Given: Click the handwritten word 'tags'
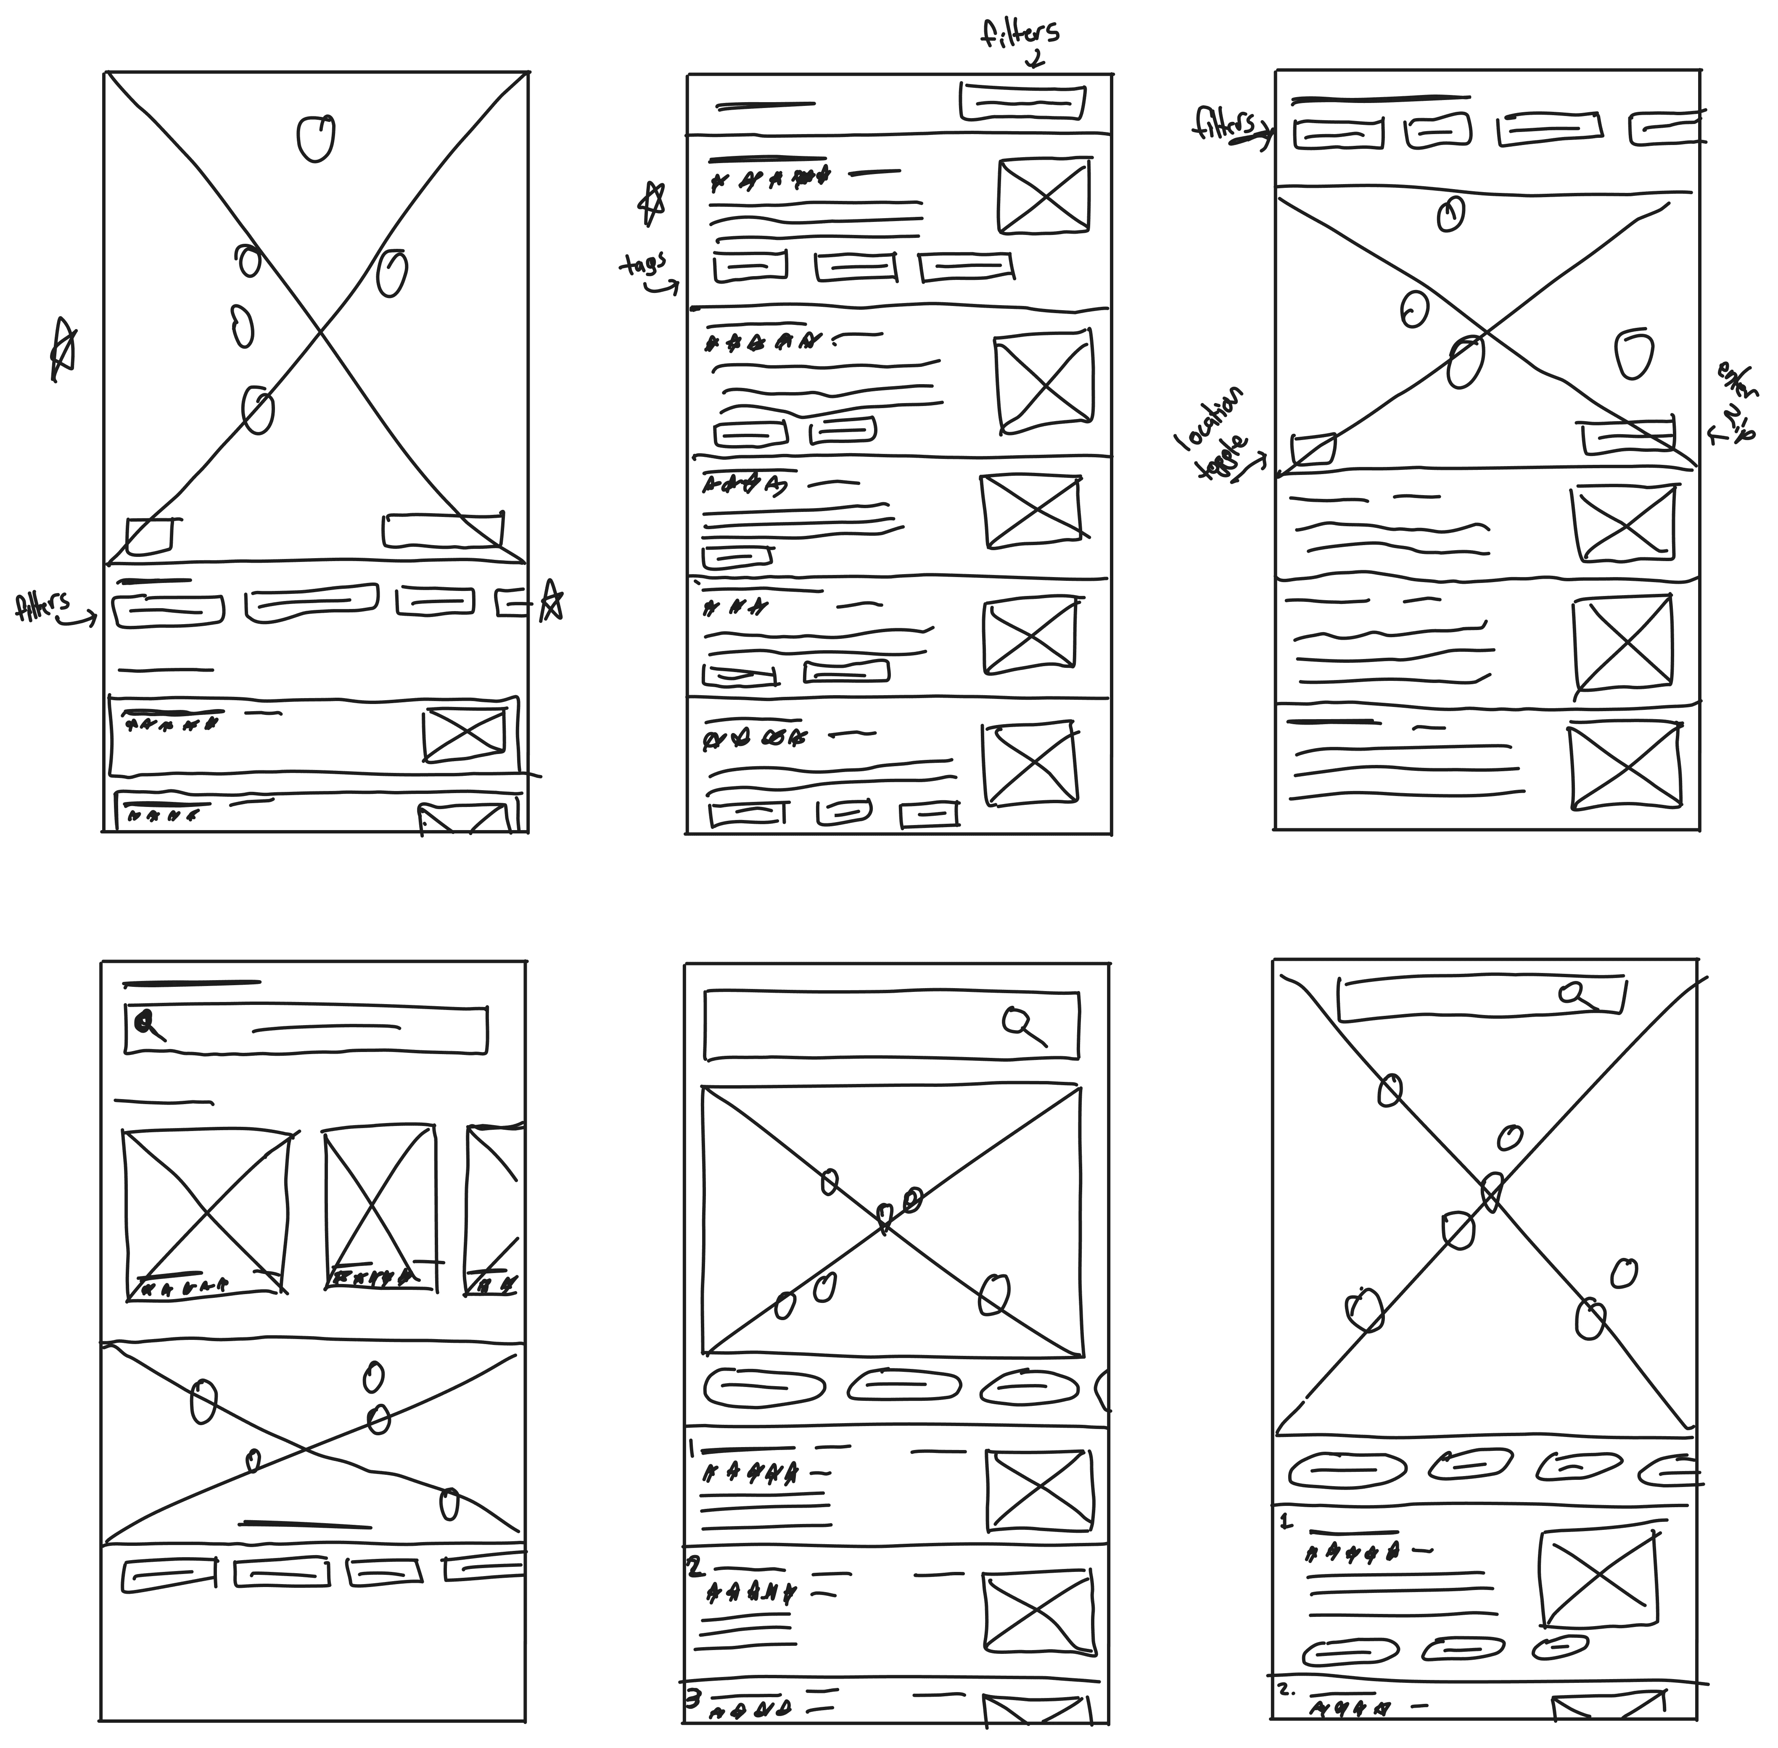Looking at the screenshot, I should tap(643, 266).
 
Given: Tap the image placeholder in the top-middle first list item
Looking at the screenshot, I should tap(1043, 195).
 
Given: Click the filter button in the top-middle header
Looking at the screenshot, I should tap(1022, 101).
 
